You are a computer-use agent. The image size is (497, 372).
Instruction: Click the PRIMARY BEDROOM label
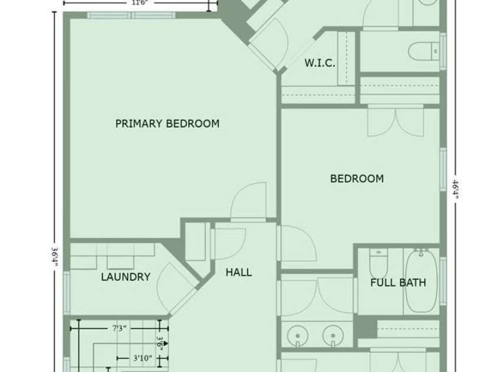(x=167, y=124)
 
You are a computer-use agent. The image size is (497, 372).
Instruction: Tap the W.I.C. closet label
(x=320, y=63)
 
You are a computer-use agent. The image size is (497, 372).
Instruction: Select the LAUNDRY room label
(x=125, y=277)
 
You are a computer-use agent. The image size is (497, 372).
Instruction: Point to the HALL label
(x=239, y=272)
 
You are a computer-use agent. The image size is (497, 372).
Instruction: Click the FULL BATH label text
(x=398, y=283)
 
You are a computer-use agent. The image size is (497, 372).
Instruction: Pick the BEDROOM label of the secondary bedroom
(x=357, y=178)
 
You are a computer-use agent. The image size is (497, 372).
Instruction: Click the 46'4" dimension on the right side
(x=455, y=189)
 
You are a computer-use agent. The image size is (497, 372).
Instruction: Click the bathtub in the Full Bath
(x=420, y=281)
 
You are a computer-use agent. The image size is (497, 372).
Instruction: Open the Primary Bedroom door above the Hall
(x=248, y=202)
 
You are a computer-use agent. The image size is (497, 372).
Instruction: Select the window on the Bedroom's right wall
(x=443, y=170)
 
